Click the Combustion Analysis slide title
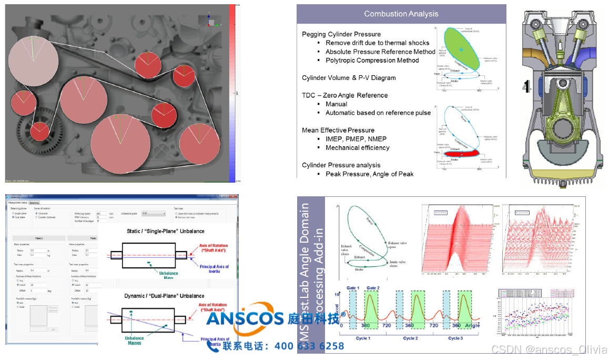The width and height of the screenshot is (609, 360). click(401, 14)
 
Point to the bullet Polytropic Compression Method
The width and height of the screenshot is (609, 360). click(372, 60)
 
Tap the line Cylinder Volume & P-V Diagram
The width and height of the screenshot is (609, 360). click(349, 78)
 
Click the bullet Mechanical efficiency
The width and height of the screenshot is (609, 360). click(357, 147)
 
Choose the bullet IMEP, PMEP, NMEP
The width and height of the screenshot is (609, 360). click(356, 139)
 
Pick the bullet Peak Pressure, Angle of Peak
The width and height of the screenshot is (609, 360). click(369, 174)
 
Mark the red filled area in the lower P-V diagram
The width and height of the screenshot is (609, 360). click(461, 153)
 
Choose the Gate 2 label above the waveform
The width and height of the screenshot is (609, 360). click(373, 288)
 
